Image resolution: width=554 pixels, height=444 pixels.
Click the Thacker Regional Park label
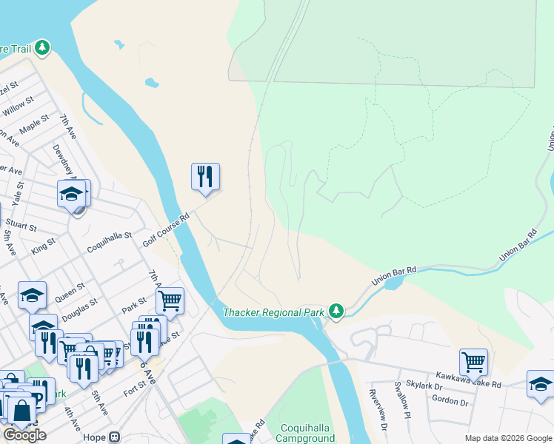(273, 312)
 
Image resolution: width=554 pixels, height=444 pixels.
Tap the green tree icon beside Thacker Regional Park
(336, 311)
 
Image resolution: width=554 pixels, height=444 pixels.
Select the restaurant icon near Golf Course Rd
(205, 176)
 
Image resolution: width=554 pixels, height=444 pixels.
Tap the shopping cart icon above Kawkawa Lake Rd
(473, 363)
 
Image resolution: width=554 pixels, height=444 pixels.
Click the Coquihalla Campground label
(309, 433)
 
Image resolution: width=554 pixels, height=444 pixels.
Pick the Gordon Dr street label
(455, 402)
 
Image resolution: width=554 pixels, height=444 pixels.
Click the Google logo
(24, 434)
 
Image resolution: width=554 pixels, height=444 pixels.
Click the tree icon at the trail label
(43, 48)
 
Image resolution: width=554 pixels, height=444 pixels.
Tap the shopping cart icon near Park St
(170, 301)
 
